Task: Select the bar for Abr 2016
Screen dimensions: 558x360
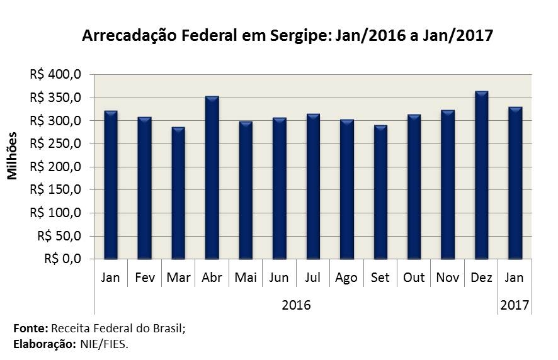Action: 212,177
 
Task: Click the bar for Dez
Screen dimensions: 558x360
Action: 482,175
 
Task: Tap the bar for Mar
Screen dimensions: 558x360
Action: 178,193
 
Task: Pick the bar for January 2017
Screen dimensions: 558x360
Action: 515,183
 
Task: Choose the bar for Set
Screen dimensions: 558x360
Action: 380,192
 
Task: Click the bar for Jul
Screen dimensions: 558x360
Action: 313,186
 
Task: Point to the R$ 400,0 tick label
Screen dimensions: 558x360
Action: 55,74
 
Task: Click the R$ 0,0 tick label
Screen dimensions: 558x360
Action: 62,259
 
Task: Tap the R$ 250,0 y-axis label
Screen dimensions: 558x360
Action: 55,143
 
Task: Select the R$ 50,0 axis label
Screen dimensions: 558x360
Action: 59,236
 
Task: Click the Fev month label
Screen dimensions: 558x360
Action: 145,278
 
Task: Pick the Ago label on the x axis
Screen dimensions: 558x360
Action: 346,278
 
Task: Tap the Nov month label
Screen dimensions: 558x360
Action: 448,278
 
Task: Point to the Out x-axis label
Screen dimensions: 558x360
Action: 414,278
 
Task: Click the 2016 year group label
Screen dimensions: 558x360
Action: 296,305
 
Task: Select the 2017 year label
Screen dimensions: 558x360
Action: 515,305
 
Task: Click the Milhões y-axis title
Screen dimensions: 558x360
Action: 13,156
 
